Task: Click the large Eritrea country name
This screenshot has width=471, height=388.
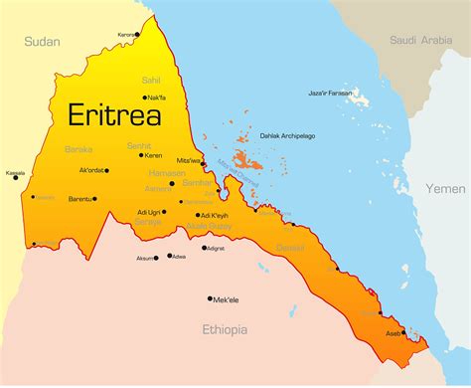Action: point(114,114)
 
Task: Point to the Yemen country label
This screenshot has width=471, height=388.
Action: point(445,188)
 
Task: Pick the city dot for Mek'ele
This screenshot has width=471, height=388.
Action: point(210,298)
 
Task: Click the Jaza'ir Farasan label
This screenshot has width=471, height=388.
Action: point(329,93)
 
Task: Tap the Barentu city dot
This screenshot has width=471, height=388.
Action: point(96,198)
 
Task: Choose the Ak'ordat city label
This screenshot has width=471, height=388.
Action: point(91,170)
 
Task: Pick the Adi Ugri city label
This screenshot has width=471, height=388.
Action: point(149,212)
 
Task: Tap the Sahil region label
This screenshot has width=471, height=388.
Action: point(150,80)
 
